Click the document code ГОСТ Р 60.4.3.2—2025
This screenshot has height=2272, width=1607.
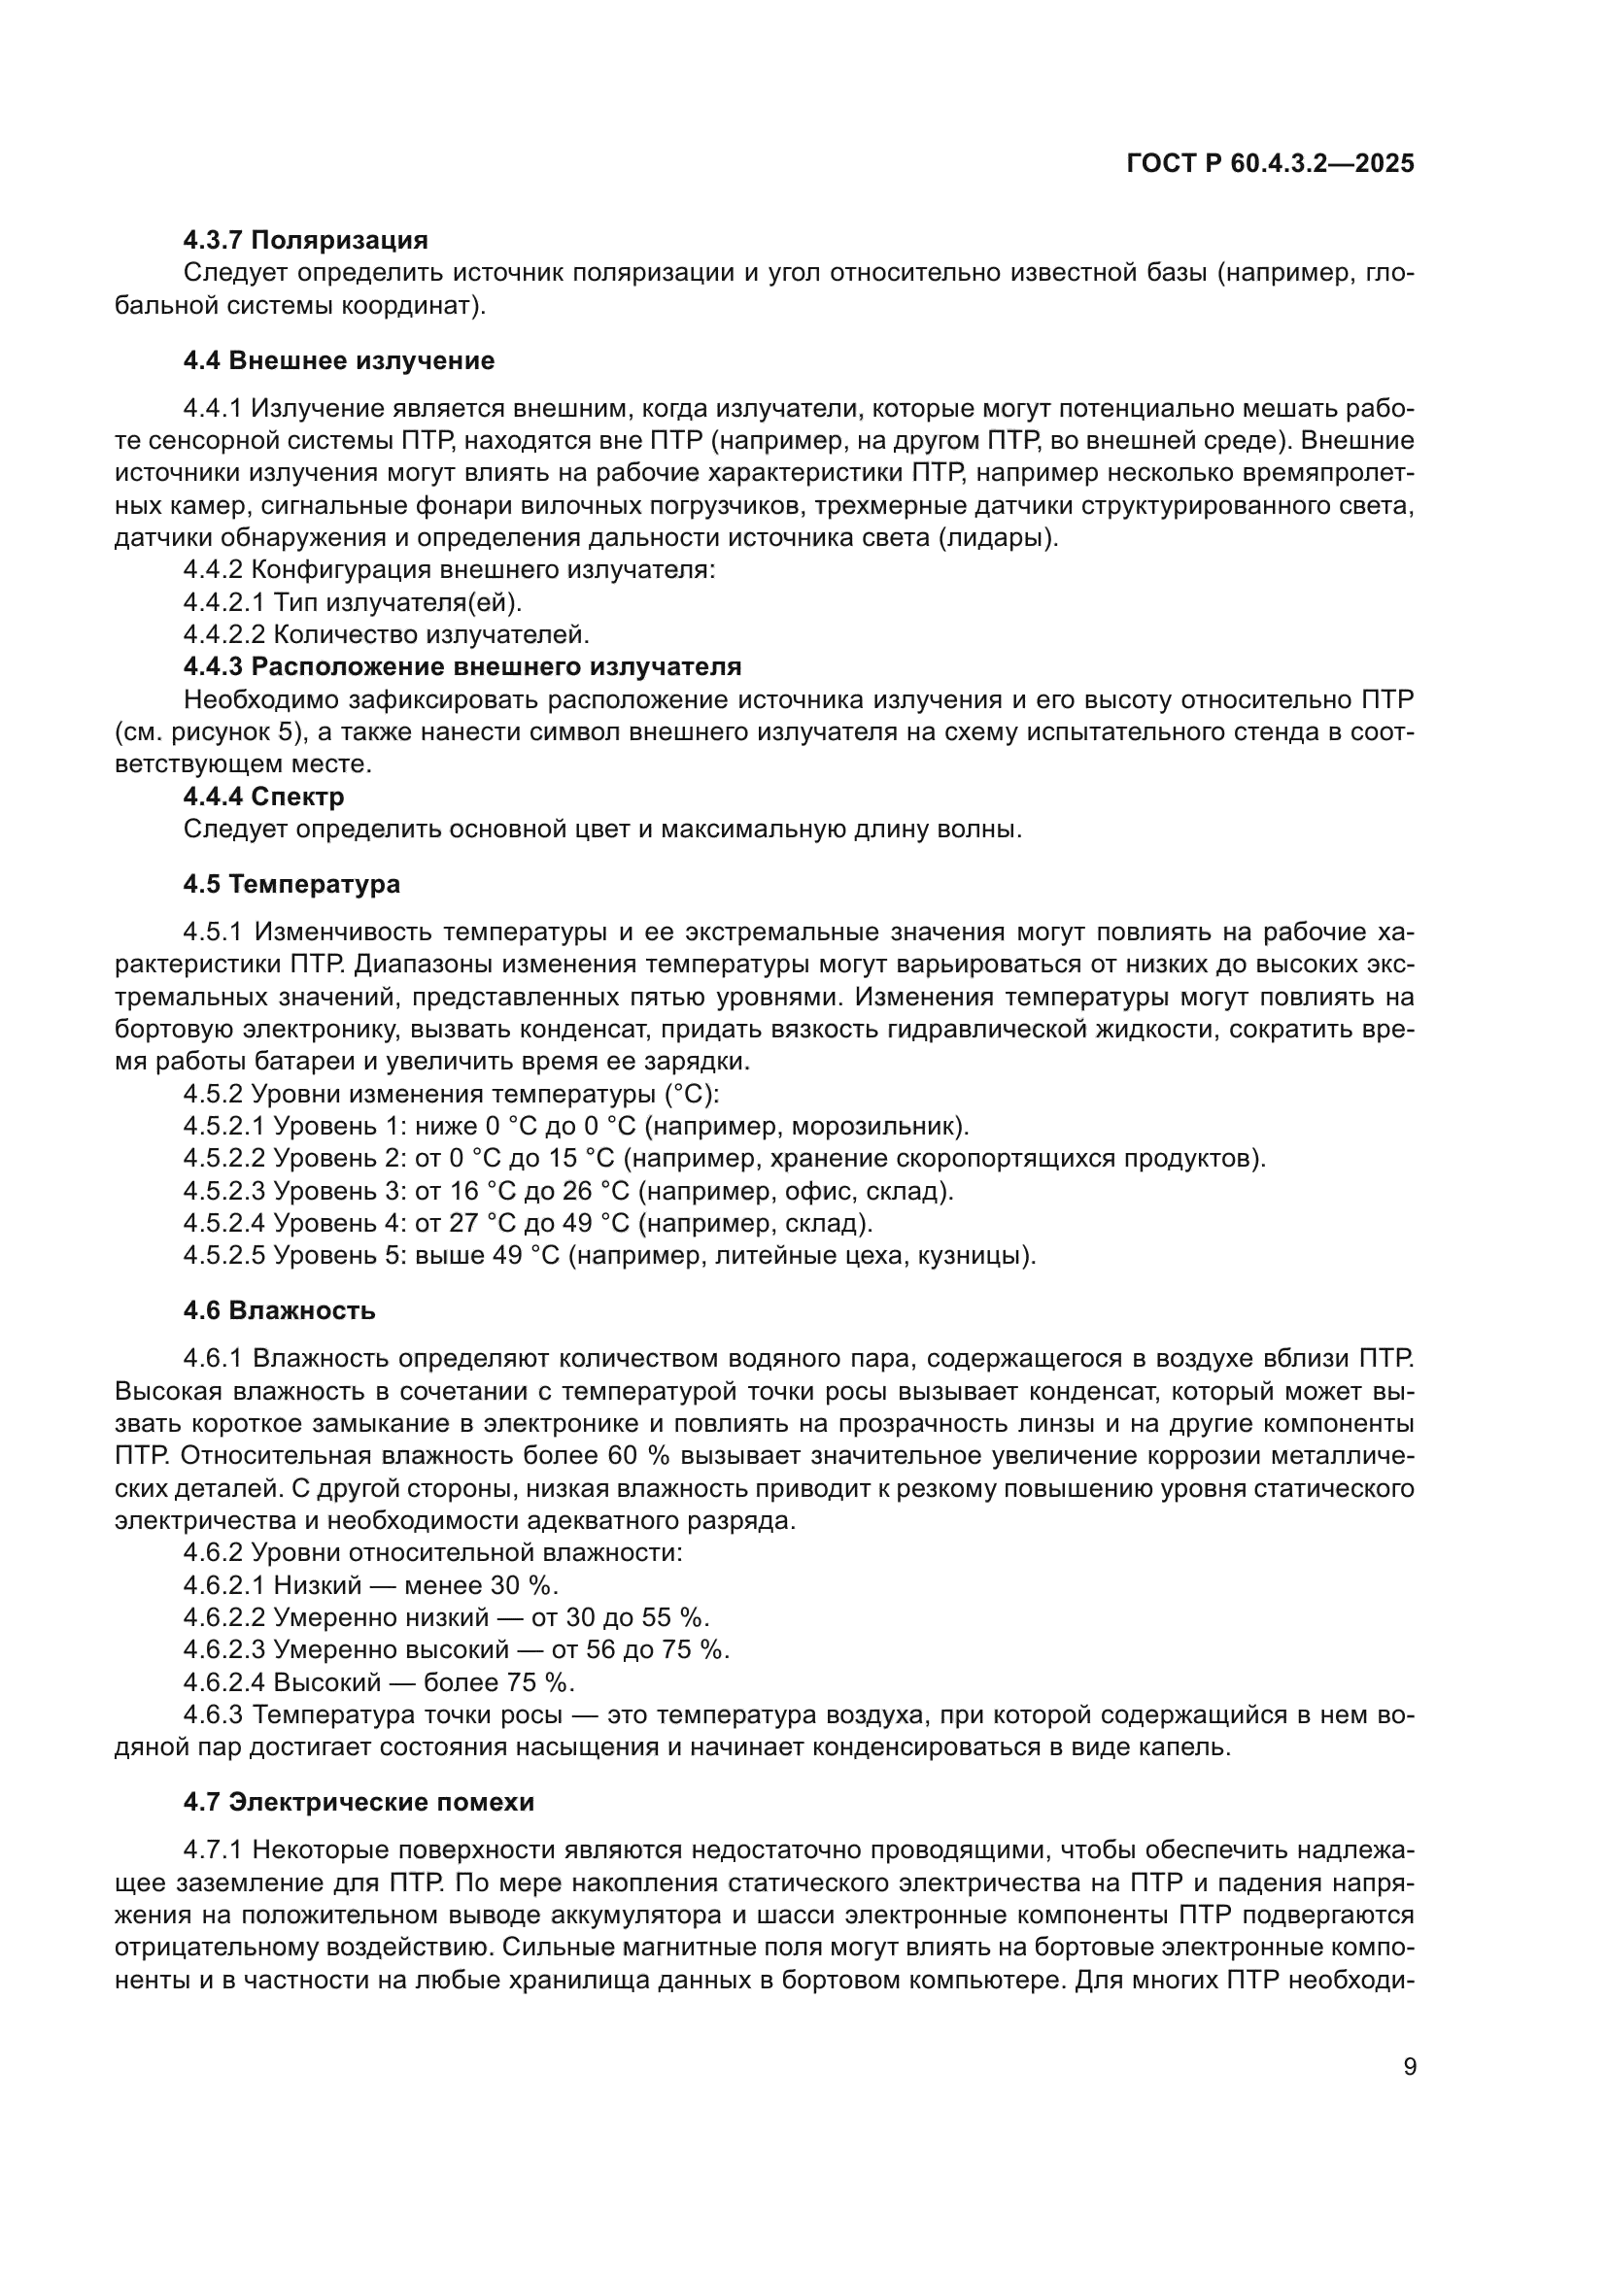pos(1271,164)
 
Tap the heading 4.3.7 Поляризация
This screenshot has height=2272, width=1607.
pos(306,241)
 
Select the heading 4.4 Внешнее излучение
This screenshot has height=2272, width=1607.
pos(338,361)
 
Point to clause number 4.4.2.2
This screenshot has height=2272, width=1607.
pos(224,634)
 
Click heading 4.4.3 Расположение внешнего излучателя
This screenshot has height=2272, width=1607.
pos(462,667)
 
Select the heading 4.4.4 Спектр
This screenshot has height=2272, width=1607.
pos(264,797)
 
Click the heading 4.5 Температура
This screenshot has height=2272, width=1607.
pos(291,885)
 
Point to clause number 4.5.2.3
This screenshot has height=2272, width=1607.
pos(224,1192)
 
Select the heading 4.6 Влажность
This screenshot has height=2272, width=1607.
pos(279,1311)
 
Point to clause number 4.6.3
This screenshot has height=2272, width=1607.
pos(214,1714)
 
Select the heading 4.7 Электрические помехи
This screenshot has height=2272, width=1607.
pos(359,1803)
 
